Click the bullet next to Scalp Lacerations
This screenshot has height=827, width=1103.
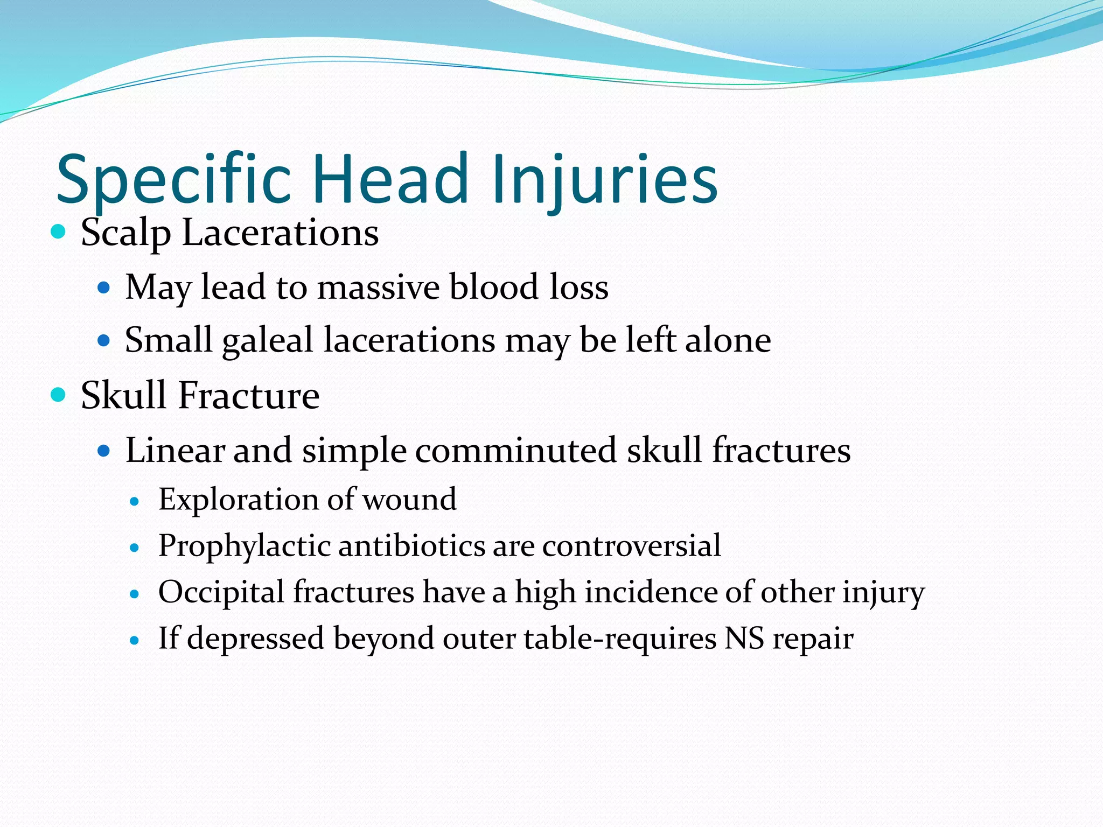(58, 233)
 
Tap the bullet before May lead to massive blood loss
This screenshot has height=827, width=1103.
(103, 288)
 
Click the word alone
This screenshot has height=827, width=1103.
(728, 340)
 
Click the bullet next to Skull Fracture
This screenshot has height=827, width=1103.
(58, 395)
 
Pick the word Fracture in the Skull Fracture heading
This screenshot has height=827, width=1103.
(248, 395)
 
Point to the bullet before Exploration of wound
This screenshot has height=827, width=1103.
(135, 502)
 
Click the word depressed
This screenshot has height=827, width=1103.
(256, 639)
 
